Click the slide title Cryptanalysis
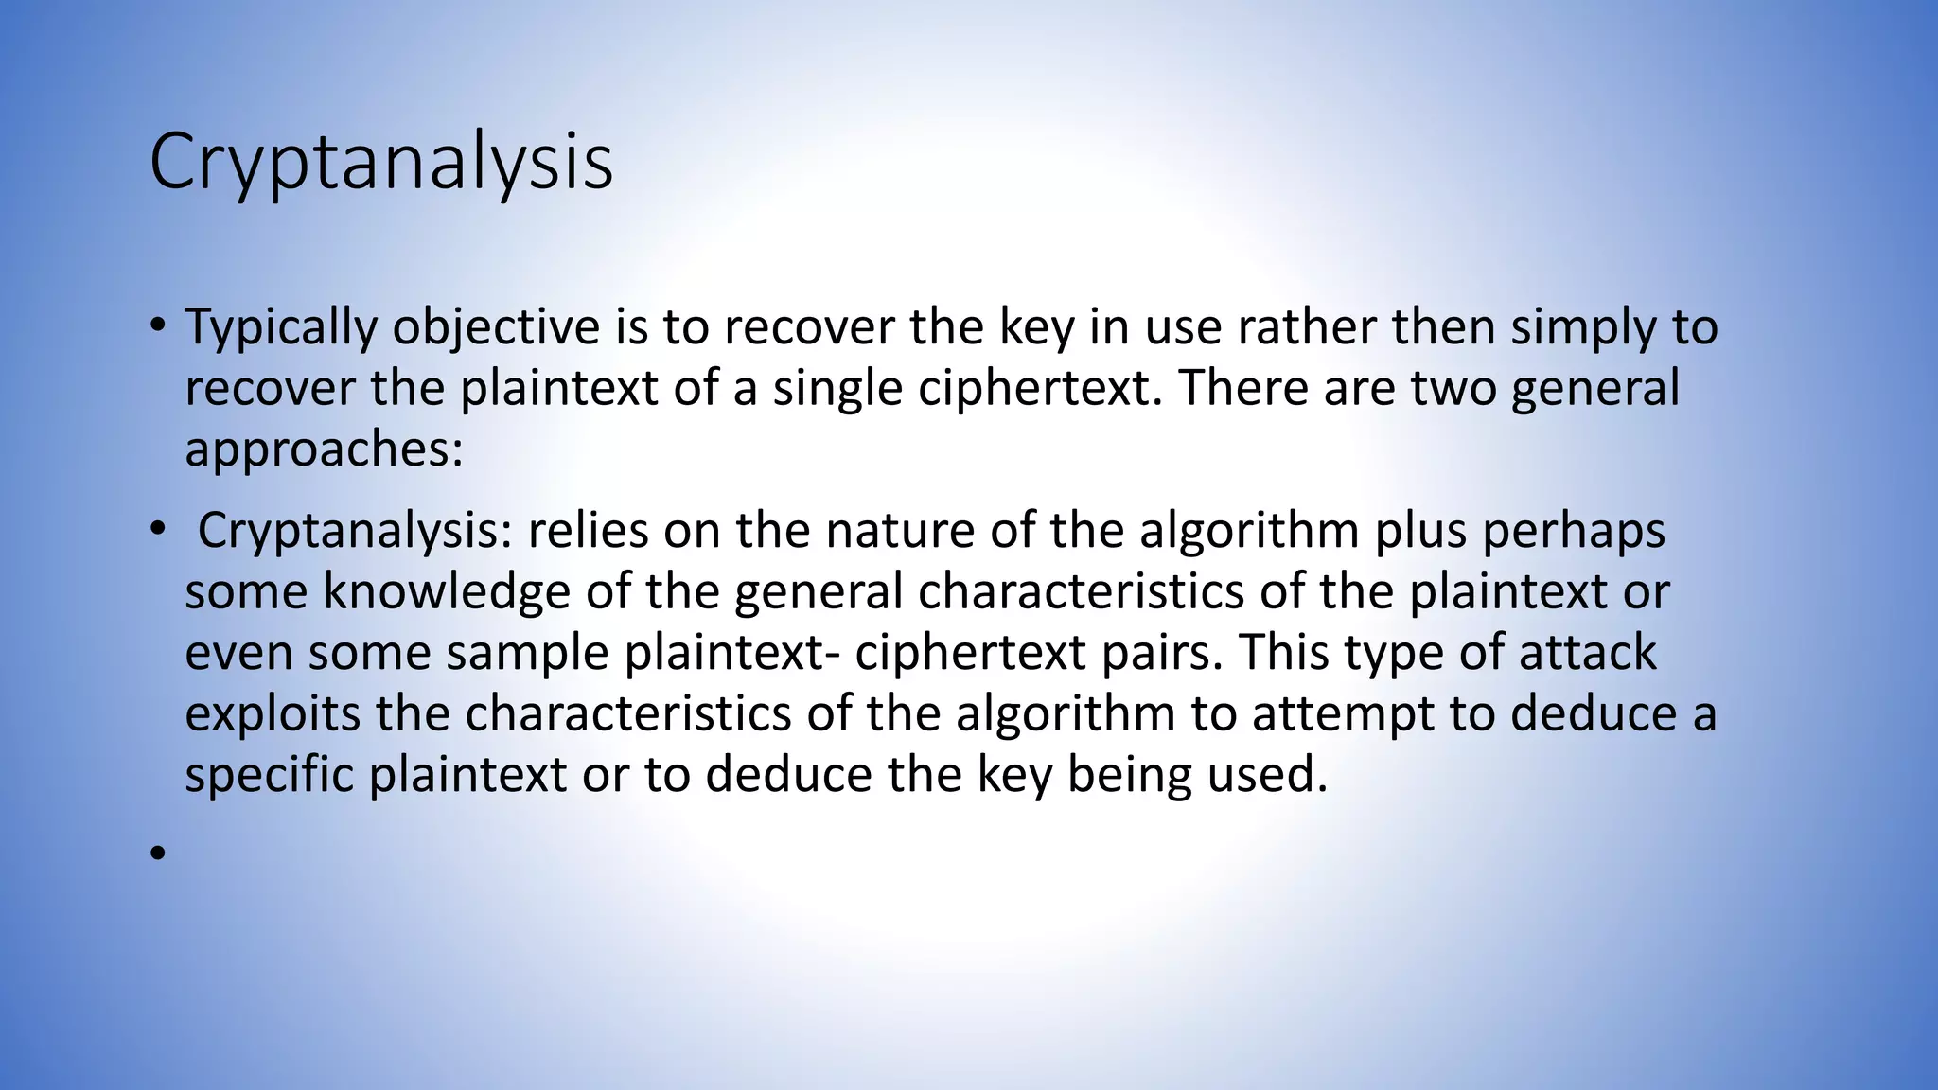point(380,163)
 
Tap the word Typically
point(281,328)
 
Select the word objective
point(496,328)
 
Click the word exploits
point(273,714)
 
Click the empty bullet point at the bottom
point(157,853)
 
